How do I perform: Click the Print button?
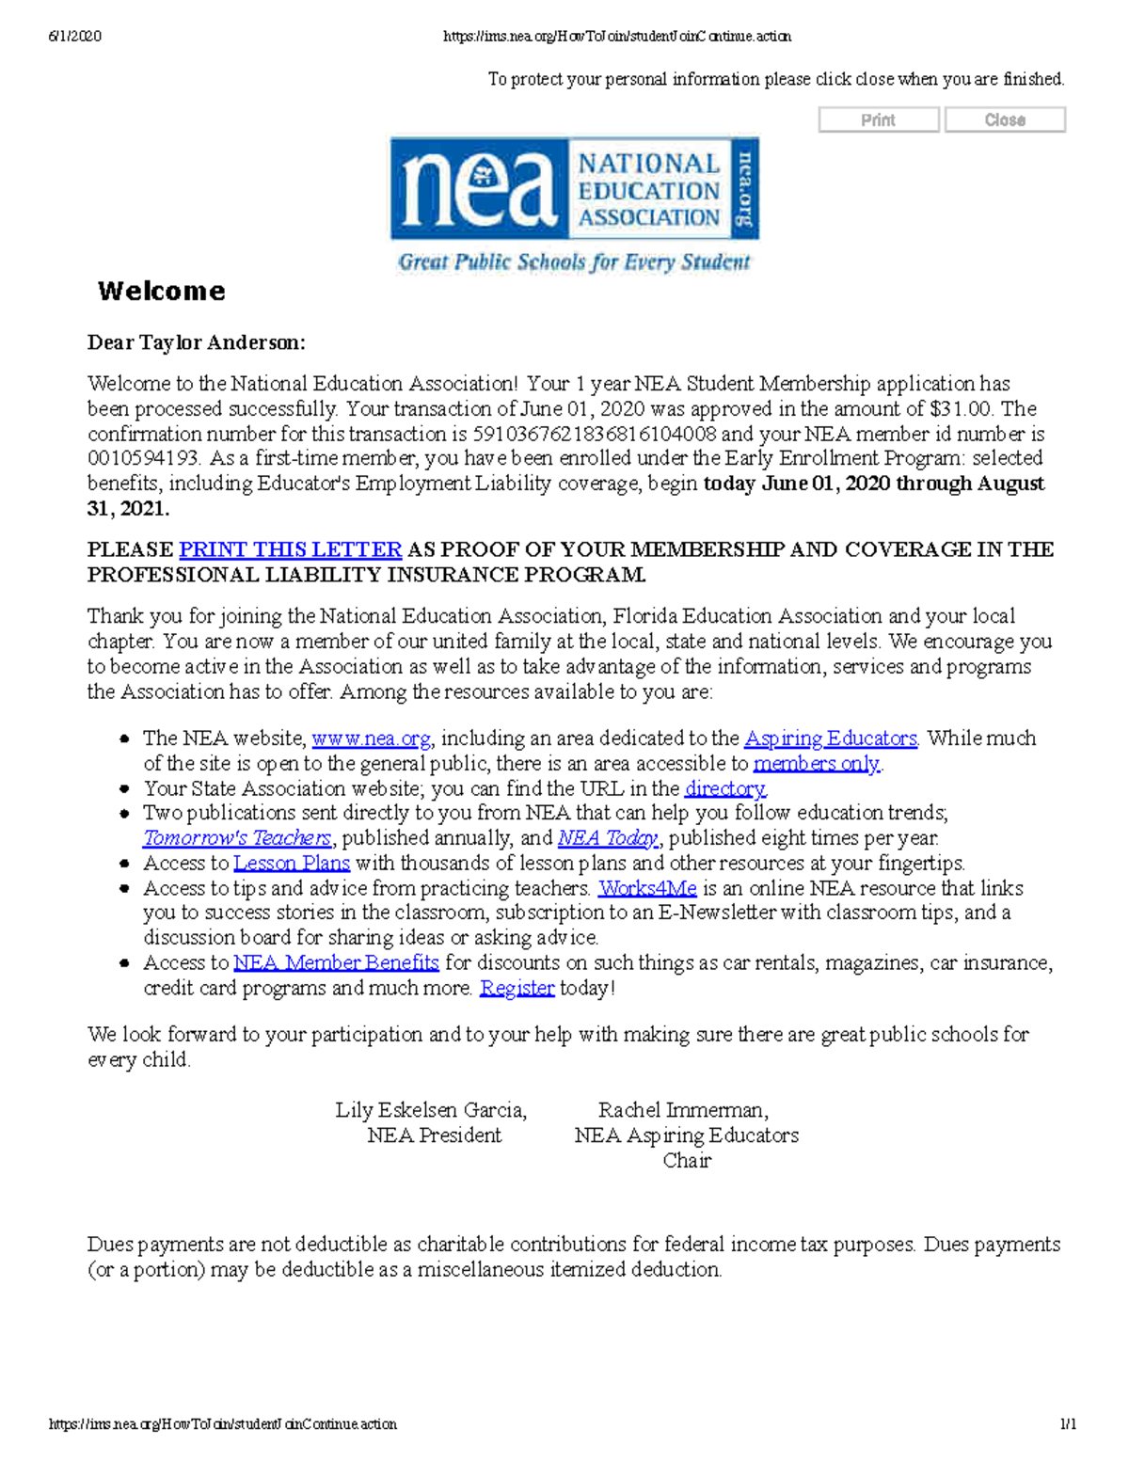[x=878, y=120]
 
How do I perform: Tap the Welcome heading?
[x=162, y=292]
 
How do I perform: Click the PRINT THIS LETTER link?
[x=290, y=549]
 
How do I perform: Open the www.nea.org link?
[x=371, y=738]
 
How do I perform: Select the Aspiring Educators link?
[x=830, y=738]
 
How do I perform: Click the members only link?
[x=816, y=764]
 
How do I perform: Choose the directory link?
[x=724, y=788]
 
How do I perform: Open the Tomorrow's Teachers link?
[x=237, y=838]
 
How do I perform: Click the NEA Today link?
[x=608, y=838]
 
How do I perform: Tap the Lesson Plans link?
[x=292, y=863]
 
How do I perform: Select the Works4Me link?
[x=647, y=888]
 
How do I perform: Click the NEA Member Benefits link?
[x=336, y=962]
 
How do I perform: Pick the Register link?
[x=517, y=988]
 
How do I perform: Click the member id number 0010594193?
[x=143, y=459]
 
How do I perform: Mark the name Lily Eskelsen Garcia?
[x=430, y=1110]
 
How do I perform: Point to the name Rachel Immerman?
[x=682, y=1110]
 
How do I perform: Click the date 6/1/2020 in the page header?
[x=74, y=37]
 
